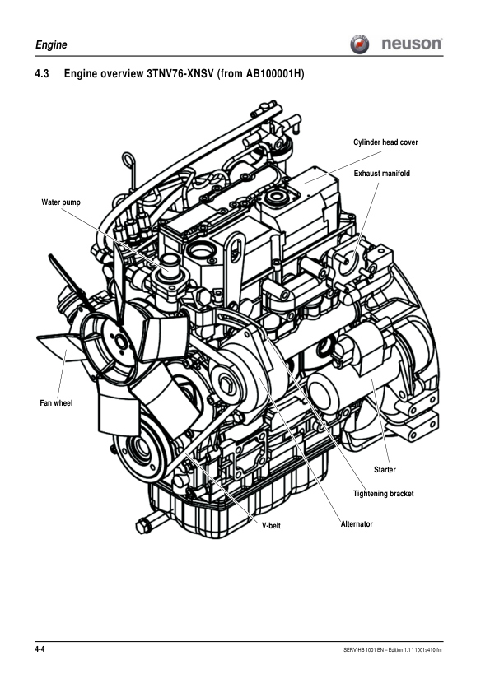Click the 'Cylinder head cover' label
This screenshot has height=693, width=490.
(x=385, y=142)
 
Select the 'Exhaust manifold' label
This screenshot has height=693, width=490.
(x=381, y=174)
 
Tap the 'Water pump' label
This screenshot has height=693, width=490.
(x=61, y=202)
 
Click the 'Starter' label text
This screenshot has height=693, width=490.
(x=385, y=470)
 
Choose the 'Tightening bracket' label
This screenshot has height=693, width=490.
(x=383, y=494)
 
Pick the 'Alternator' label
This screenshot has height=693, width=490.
(x=357, y=524)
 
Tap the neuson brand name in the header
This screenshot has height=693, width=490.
(x=412, y=44)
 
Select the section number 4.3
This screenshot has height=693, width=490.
(x=42, y=76)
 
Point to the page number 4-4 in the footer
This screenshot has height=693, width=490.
(x=40, y=650)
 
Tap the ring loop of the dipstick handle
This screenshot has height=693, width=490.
(x=128, y=159)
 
